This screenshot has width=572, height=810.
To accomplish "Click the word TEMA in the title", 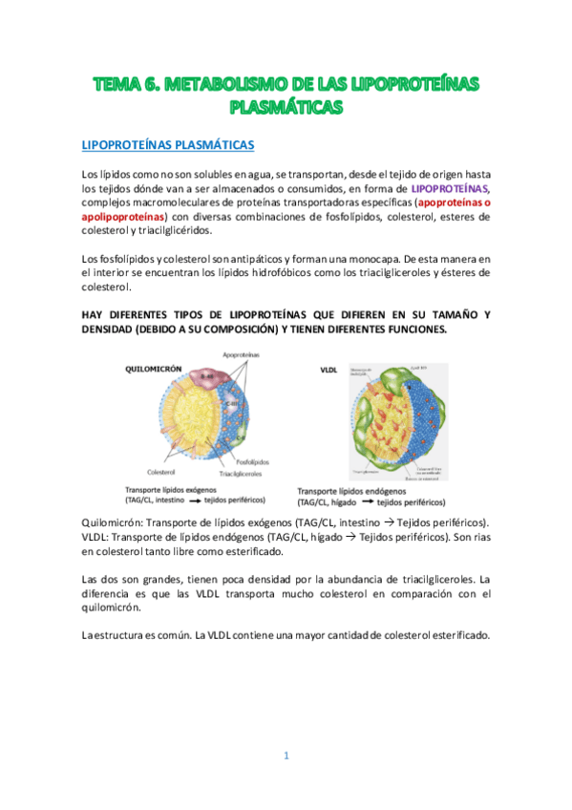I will point(117,86).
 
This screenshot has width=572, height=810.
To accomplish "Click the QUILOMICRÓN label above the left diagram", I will point(152,368).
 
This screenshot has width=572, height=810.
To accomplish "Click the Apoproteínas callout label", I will point(243,354).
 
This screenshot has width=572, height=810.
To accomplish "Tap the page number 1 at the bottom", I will point(286,756).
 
